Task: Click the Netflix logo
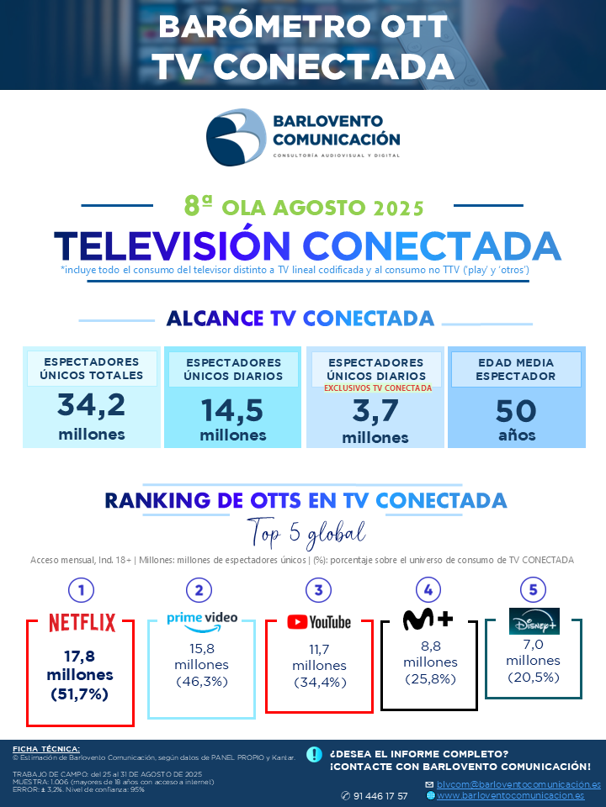click(82, 623)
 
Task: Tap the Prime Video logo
click(202, 622)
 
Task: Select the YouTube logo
click(319, 622)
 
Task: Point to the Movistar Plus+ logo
click(428, 619)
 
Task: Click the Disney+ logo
click(534, 620)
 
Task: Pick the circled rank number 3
click(318, 590)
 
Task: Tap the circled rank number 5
click(534, 590)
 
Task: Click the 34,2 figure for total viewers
click(91, 404)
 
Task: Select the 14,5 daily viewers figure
click(232, 411)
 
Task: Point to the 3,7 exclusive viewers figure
click(375, 411)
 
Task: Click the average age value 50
click(516, 411)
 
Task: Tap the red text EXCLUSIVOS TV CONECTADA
click(378, 388)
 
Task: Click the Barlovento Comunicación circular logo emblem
click(236, 137)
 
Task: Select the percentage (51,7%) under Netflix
click(80, 694)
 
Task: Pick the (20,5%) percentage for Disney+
click(534, 678)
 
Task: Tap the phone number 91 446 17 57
click(380, 796)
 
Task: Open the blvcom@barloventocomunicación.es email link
click(518, 784)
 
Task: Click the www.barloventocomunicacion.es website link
click(511, 796)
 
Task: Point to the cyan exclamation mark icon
click(314, 754)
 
